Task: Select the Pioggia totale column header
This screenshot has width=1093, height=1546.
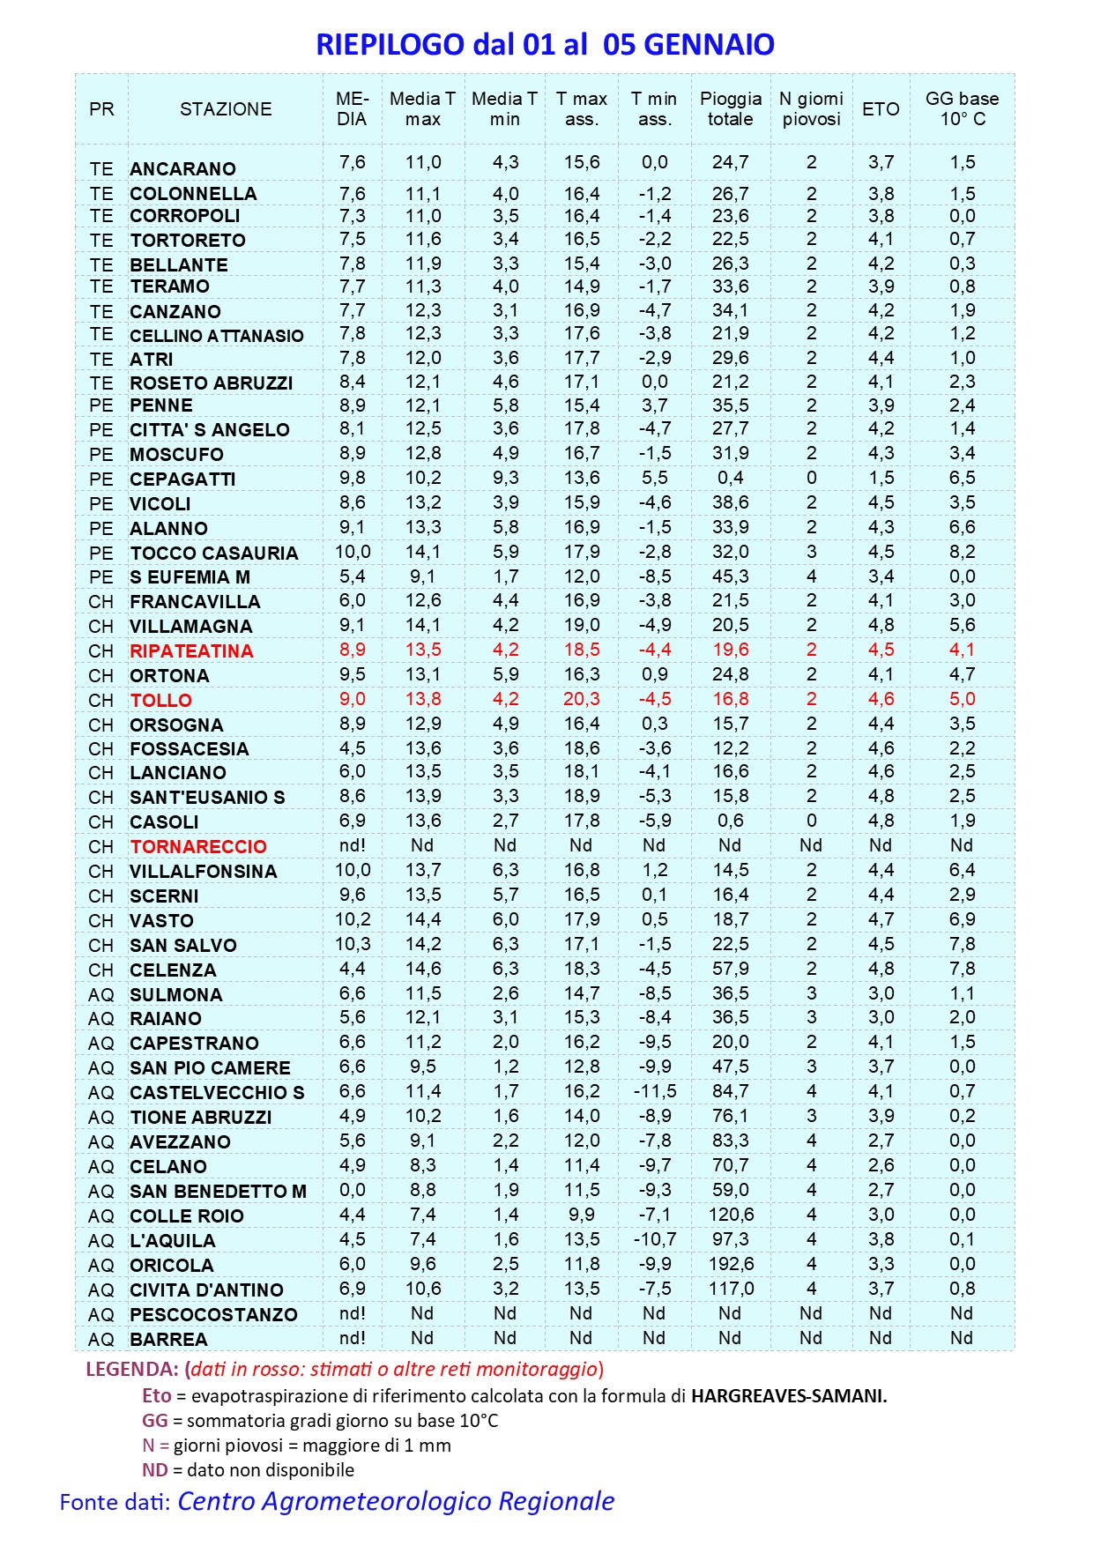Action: (x=731, y=109)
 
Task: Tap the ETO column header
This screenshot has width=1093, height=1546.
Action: (x=881, y=109)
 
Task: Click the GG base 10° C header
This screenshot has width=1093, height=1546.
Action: (x=962, y=109)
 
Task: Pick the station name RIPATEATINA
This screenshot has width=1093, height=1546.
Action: (x=191, y=651)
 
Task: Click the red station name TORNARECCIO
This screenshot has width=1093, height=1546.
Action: (x=198, y=847)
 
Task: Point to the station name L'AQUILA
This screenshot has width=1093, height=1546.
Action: (x=172, y=1241)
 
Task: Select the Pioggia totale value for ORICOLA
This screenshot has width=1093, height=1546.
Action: (x=731, y=1264)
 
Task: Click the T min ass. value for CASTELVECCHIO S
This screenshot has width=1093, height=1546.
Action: (x=654, y=1091)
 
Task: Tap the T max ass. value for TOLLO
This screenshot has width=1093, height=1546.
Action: (x=582, y=699)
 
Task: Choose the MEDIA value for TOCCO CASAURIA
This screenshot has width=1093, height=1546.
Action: (x=353, y=552)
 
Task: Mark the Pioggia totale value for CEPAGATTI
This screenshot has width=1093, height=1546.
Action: (x=731, y=478)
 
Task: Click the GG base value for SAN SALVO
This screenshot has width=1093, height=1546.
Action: (x=962, y=944)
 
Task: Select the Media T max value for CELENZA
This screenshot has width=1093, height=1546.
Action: (x=423, y=969)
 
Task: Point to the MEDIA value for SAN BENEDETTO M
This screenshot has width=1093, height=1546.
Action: (x=353, y=1190)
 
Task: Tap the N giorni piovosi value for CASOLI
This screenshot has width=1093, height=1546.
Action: (x=811, y=821)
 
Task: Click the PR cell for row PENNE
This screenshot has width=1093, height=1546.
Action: (x=101, y=405)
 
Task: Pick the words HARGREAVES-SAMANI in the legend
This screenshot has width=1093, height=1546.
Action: (x=789, y=1396)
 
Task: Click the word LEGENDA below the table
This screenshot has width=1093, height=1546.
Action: (x=132, y=1370)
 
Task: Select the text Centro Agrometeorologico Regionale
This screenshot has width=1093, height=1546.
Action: (x=396, y=1501)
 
